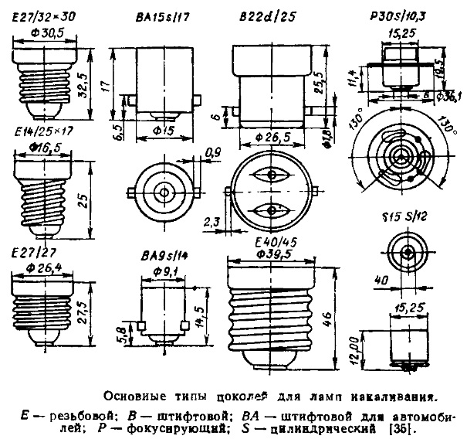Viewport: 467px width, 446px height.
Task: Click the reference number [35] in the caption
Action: point(396,427)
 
